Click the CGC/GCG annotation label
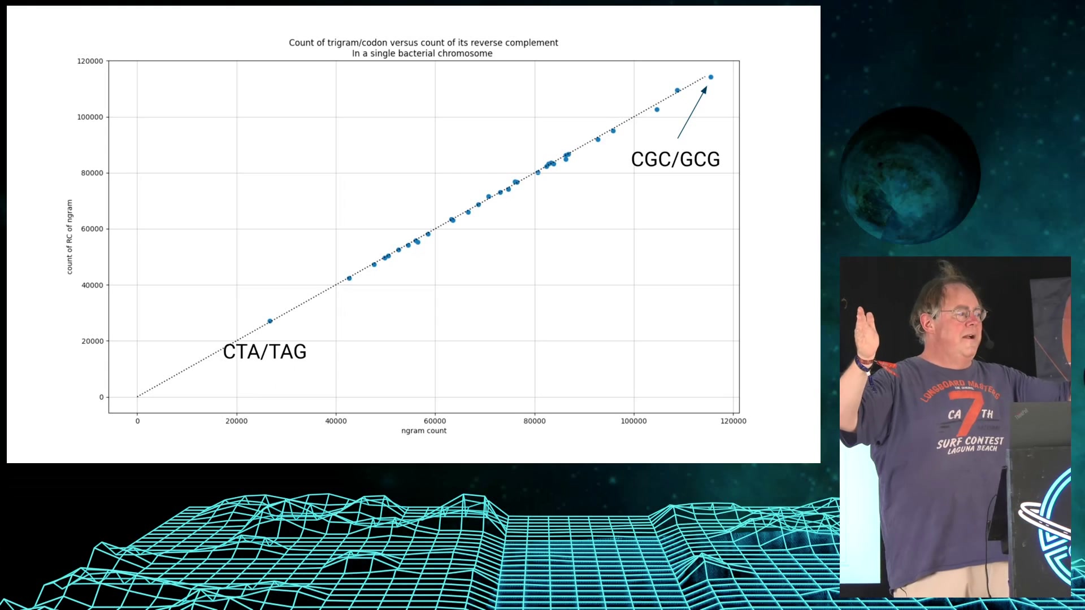(675, 159)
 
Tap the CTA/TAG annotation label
(264, 351)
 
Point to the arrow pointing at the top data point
(692, 112)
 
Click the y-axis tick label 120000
(90, 61)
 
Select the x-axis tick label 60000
(435, 421)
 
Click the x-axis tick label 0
(137, 421)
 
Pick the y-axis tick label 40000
(92, 285)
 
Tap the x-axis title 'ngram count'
(424, 430)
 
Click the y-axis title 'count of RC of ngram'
(70, 237)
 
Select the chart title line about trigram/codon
(423, 42)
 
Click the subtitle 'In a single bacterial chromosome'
(422, 53)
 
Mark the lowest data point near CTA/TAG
(270, 321)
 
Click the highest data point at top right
(711, 77)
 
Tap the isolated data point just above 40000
(349, 278)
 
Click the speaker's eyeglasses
(961, 314)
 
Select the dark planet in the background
(910, 175)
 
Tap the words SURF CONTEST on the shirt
(970, 442)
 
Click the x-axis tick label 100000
(633, 421)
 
